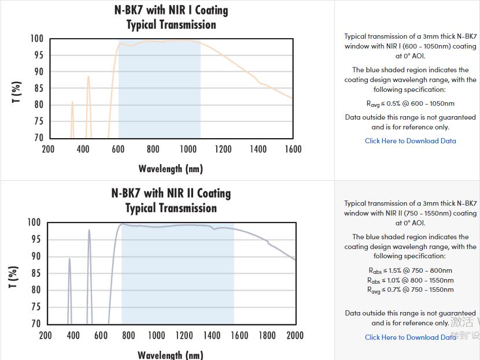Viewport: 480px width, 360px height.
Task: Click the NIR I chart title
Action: pyautogui.click(x=171, y=17)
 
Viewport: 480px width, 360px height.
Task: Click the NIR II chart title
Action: pyautogui.click(x=171, y=201)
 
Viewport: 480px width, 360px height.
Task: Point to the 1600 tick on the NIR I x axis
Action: pyautogui.click(x=293, y=149)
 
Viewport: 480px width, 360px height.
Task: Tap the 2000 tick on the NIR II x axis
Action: pyautogui.click(x=294, y=335)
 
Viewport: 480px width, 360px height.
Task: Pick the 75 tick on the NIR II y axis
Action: pyautogui.click(x=35, y=307)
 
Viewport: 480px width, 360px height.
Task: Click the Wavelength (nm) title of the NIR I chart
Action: pyautogui.click(x=171, y=169)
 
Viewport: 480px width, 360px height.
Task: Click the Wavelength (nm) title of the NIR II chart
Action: pyautogui.click(x=171, y=354)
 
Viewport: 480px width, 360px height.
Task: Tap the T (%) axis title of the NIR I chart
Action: pyautogui.click(x=16, y=92)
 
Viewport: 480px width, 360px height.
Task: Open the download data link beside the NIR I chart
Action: pyautogui.click(x=410, y=140)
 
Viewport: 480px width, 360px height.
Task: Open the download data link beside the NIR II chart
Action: pyautogui.click(x=410, y=337)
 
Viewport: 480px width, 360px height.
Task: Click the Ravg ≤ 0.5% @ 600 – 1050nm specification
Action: pyautogui.click(x=410, y=103)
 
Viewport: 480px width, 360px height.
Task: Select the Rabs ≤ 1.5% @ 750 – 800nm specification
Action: pyautogui.click(x=410, y=270)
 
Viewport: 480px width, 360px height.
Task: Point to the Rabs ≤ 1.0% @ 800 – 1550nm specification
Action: pyautogui.click(x=410, y=280)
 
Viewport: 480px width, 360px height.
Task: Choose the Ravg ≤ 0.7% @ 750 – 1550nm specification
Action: pyautogui.click(x=410, y=290)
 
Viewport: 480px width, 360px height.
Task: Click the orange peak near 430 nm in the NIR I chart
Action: pyautogui.click(x=88, y=77)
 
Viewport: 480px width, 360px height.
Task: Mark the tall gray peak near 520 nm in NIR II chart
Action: pyautogui.click(x=89, y=231)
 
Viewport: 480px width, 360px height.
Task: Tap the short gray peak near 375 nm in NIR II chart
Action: pyautogui.click(x=69, y=260)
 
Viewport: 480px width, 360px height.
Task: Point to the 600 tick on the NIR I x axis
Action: pyautogui.click(x=118, y=149)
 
